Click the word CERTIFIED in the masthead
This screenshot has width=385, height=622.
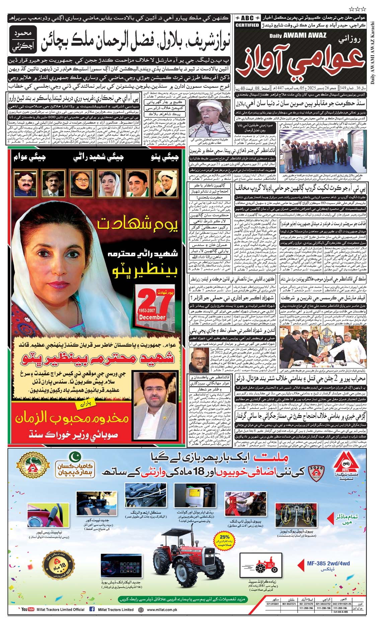[247, 25]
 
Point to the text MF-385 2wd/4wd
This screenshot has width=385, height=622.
[328, 563]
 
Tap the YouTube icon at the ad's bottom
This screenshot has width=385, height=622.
[28, 609]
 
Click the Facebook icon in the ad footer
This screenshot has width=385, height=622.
[92, 609]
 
